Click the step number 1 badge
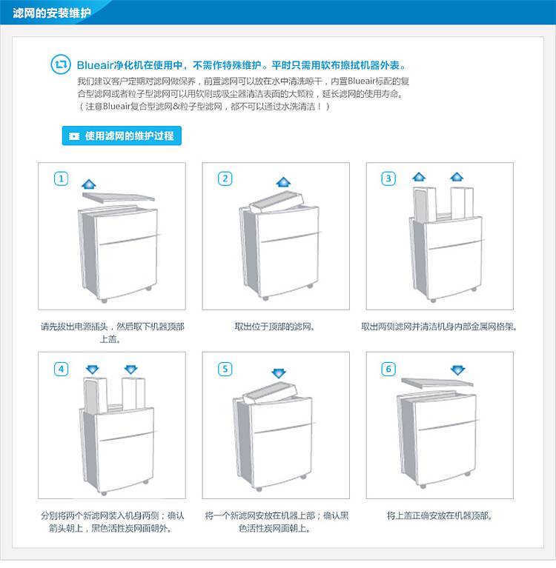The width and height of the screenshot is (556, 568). (x=61, y=178)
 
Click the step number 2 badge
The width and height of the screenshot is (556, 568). (x=225, y=178)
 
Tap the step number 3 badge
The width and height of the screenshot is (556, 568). (x=388, y=178)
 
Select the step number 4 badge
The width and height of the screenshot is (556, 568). (x=61, y=369)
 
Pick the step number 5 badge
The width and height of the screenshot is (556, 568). (x=225, y=369)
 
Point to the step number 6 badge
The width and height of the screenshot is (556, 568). (x=388, y=369)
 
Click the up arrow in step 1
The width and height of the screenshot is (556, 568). (x=89, y=184)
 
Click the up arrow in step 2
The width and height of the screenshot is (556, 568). (x=283, y=181)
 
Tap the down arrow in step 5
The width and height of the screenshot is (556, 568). (x=279, y=373)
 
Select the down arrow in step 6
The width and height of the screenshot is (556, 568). (x=457, y=370)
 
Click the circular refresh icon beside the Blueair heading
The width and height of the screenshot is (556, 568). (x=61, y=64)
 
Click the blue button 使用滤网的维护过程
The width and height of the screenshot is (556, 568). (x=122, y=136)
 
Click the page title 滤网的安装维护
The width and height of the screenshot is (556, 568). (x=51, y=13)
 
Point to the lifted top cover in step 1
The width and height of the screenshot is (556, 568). (x=119, y=198)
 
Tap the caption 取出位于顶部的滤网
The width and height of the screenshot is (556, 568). (x=274, y=327)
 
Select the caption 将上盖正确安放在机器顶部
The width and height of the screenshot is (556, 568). (x=439, y=515)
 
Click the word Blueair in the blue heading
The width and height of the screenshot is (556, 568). (x=96, y=65)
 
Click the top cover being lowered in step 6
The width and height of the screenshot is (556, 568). (x=437, y=383)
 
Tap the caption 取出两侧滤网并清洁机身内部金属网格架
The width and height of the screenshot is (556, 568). (x=439, y=327)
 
